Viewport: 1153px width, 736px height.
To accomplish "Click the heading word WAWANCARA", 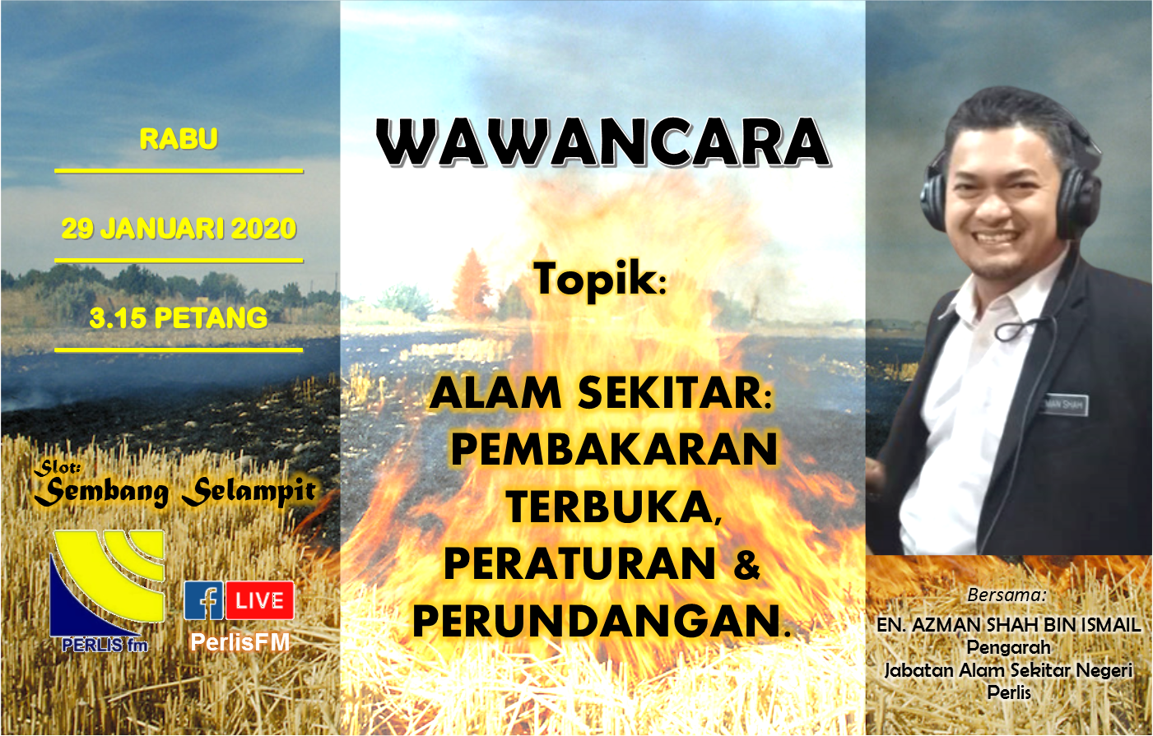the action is [602, 142].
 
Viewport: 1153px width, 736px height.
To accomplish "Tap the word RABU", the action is [179, 139].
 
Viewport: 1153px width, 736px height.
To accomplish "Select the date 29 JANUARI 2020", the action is [179, 229].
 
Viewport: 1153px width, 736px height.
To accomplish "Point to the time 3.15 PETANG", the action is [178, 318].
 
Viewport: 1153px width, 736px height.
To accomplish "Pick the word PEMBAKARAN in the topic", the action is [614, 449].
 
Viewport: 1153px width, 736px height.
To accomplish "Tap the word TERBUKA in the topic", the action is [611, 507].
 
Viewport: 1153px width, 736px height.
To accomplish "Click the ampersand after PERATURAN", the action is [746, 564].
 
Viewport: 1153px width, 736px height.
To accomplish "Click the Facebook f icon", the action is [203, 600].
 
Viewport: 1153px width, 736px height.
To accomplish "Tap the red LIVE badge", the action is [260, 600].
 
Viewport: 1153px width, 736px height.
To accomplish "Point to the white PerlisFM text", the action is [239, 642].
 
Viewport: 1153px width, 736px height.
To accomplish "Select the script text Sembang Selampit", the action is [175, 491].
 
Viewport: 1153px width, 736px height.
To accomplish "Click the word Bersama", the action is [1007, 595].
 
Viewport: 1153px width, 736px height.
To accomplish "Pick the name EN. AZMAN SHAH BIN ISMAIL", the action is [1008, 624].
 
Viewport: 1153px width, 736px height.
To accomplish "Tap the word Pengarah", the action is [1008, 647].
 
